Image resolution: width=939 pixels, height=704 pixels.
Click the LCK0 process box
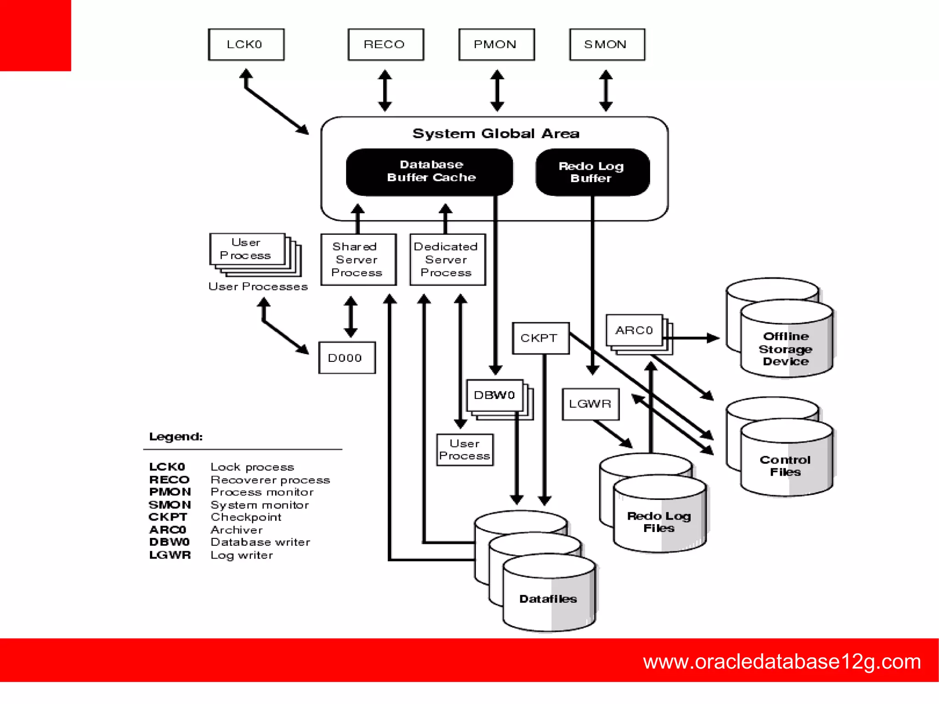pos(246,44)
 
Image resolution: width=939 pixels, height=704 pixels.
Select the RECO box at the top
pos(385,44)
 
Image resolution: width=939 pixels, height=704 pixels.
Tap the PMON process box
pos(496,44)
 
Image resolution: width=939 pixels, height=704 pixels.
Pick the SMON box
pos(607,44)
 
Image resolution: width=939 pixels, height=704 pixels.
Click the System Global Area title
pos(496,133)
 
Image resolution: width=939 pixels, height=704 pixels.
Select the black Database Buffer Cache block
pos(430,171)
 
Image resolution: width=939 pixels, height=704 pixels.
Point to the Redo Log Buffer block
pos(592,172)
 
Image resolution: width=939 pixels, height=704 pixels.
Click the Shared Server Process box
pos(358,260)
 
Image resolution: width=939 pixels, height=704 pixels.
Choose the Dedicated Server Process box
pos(447,260)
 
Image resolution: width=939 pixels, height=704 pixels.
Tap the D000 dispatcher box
pos(346,358)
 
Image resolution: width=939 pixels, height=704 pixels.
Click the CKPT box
pos(540,338)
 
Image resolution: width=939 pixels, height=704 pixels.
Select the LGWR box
pos(590,404)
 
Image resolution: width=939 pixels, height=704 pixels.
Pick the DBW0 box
pos(494,395)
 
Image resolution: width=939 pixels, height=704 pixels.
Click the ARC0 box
pos(634,330)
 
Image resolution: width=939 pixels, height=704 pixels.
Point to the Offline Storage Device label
pos(785,349)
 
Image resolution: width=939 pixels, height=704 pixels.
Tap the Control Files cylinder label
pos(785,466)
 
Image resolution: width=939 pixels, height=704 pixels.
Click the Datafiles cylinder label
pos(548,599)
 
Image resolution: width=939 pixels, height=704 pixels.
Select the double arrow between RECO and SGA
pos(385,90)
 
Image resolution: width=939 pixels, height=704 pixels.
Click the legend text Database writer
pos(260,542)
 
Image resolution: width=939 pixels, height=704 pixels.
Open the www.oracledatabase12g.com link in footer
pos(781,661)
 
